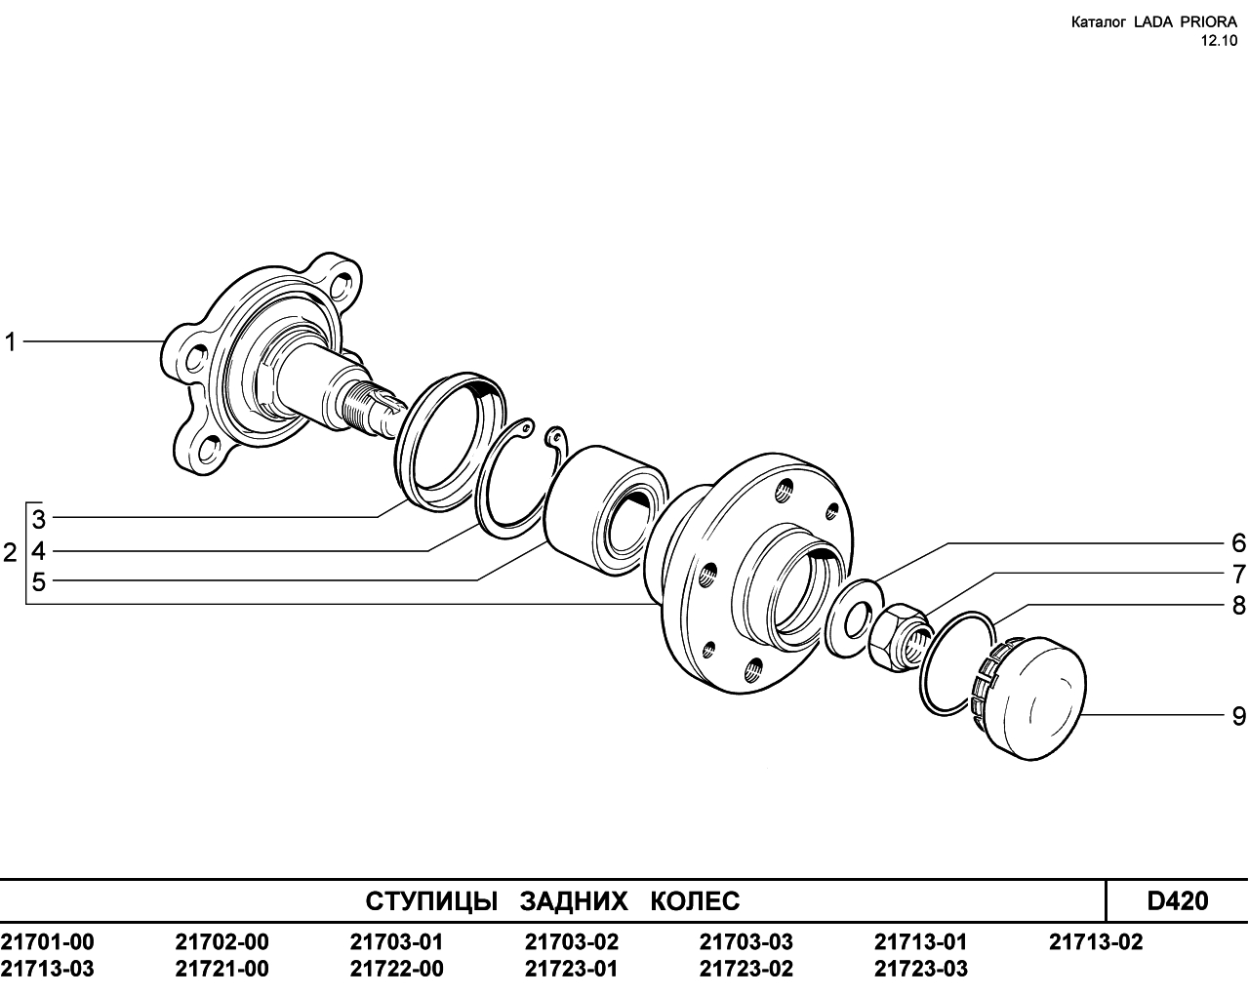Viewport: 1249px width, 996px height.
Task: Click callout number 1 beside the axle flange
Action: click(11, 342)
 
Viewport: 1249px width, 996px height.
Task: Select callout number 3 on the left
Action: click(39, 520)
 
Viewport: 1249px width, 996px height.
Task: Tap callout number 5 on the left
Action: click(39, 582)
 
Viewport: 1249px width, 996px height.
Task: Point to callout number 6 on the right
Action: click(1238, 543)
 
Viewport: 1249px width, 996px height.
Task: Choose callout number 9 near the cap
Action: click(1238, 717)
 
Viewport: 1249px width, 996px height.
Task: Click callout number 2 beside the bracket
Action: click(10, 554)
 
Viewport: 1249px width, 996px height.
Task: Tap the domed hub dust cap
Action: click(1027, 698)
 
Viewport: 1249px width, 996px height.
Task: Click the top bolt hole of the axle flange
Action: click(342, 285)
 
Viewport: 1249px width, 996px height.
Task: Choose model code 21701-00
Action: click(48, 942)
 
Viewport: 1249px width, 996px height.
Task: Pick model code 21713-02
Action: click(1096, 942)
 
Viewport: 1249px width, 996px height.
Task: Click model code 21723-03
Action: click(921, 969)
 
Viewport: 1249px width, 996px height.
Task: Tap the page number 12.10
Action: click(1218, 41)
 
